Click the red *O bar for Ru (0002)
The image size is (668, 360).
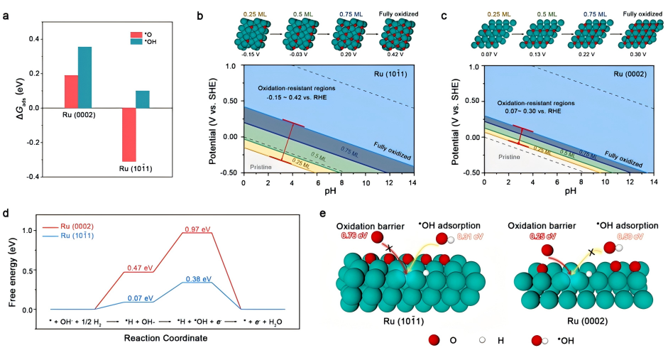[x=71, y=91]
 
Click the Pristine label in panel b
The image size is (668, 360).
[x=262, y=166]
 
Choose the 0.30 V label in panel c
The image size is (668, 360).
[x=637, y=53]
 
